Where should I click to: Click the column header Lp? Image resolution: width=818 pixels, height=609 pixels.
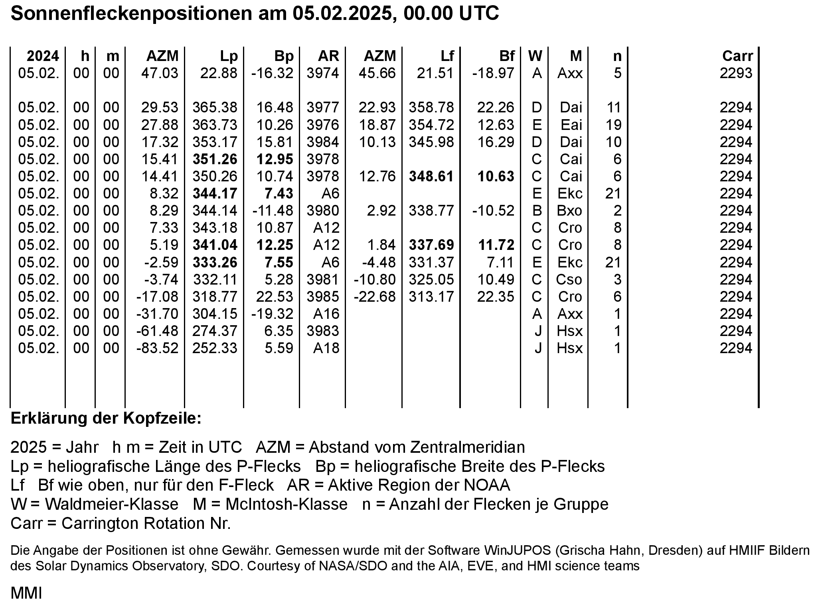point(229,56)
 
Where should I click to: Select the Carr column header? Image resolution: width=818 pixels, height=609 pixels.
point(737,56)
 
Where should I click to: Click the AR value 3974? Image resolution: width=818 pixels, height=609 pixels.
point(322,73)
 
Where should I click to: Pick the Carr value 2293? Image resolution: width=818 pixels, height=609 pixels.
point(736,73)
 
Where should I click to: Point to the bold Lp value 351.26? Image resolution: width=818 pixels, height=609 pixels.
point(215,159)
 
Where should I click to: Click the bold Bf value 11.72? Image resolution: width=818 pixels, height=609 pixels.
point(496,245)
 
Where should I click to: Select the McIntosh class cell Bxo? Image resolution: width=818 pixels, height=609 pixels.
point(569,211)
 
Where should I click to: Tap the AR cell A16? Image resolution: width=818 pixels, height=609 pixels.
point(326,314)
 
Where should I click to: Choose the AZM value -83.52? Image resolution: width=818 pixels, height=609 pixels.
point(157,348)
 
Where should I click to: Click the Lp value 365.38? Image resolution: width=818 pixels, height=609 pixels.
point(215,108)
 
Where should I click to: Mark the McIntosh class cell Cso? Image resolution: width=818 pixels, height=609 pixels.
point(569,280)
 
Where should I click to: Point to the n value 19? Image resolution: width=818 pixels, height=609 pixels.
point(613,125)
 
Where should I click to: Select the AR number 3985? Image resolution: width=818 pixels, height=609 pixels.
point(322,297)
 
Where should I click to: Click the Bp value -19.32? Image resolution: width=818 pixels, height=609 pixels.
point(272,314)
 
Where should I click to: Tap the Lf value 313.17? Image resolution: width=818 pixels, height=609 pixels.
point(431,297)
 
